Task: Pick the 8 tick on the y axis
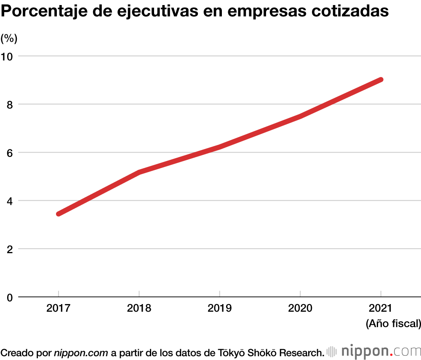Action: [10, 104]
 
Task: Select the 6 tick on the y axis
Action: [10, 153]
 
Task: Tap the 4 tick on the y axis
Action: [10, 201]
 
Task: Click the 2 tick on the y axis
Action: [10, 249]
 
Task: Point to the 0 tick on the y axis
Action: [10, 297]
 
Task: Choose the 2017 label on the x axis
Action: [58, 309]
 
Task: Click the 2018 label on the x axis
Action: [139, 309]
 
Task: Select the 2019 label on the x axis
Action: [219, 309]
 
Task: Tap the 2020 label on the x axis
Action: [300, 309]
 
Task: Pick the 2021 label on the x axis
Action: [381, 309]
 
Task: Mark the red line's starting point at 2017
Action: [59, 214]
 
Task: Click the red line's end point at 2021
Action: [381, 80]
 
